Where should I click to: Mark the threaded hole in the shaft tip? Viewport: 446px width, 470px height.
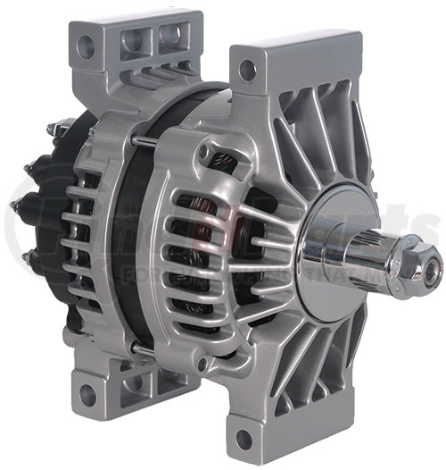click(435, 265)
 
